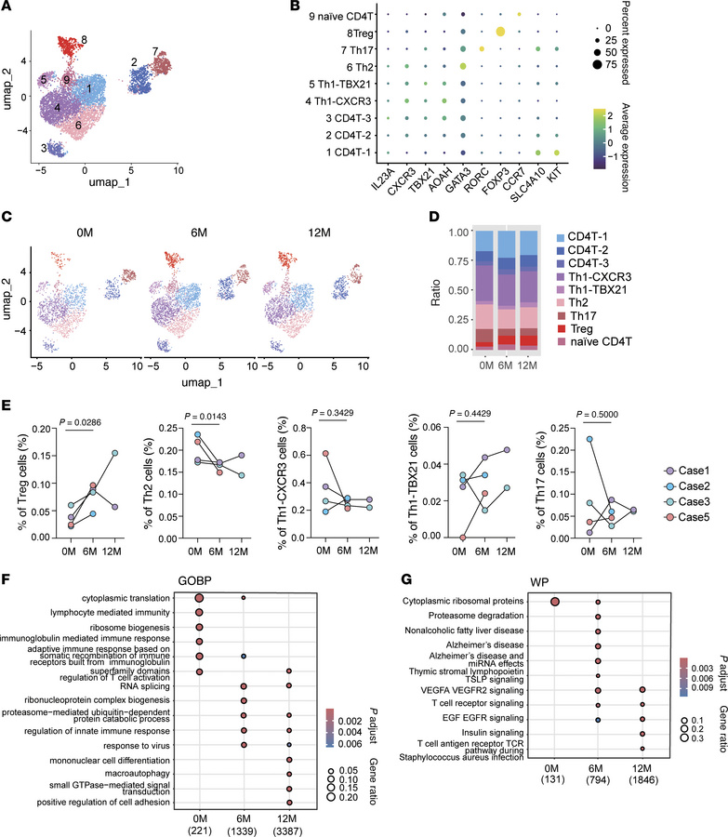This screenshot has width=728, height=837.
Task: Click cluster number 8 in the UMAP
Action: pos(84,39)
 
